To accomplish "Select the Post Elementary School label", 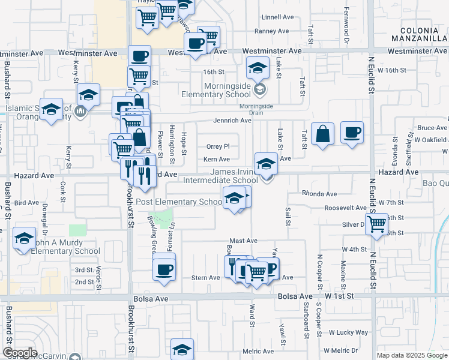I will [x=179, y=202].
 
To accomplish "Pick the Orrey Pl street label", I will [x=218, y=146].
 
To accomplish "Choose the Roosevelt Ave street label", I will [x=345, y=208].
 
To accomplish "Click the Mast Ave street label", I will [x=243, y=241].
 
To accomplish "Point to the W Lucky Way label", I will [x=348, y=332].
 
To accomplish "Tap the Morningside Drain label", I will [x=256, y=107].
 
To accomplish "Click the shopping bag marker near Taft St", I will [x=322, y=134].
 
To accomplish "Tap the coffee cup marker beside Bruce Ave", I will [x=352, y=131].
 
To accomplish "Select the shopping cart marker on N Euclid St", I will [x=376, y=224].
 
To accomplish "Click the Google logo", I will [x=20, y=353].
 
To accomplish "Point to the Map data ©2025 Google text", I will [x=412, y=355].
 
